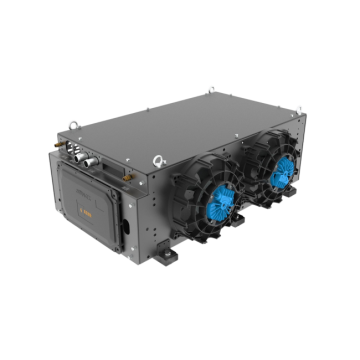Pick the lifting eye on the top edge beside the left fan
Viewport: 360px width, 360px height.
click(x=157, y=158)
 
